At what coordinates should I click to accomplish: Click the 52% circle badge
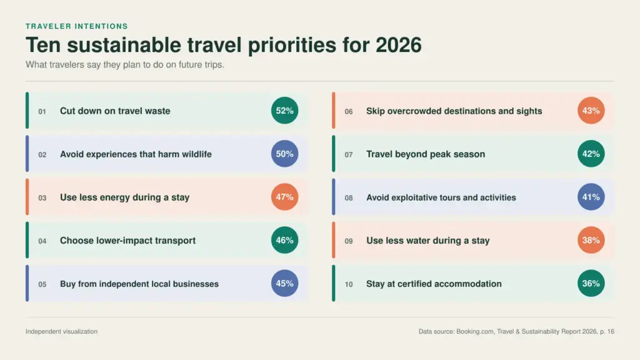[284, 111]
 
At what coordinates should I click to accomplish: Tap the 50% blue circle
[284, 154]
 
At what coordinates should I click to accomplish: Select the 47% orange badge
[284, 197]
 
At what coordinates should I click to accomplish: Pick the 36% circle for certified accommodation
[591, 283]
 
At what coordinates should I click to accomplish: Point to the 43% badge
[591, 111]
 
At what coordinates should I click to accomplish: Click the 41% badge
[591, 197]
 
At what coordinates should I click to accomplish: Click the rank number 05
[42, 284]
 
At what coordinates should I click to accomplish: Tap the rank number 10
[349, 284]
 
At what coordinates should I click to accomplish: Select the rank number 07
[349, 155]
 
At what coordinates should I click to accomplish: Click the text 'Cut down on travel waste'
[115, 111]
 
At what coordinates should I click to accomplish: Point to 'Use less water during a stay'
[427, 241]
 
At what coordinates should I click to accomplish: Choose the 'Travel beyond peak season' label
[426, 154]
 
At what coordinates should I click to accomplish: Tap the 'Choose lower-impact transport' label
[127, 241]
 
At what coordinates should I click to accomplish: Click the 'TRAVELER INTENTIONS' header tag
[77, 26]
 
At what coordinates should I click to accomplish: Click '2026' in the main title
[398, 45]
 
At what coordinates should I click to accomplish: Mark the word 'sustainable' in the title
[124, 45]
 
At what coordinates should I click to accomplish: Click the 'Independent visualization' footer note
[62, 331]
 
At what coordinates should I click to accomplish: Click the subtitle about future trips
[125, 65]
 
